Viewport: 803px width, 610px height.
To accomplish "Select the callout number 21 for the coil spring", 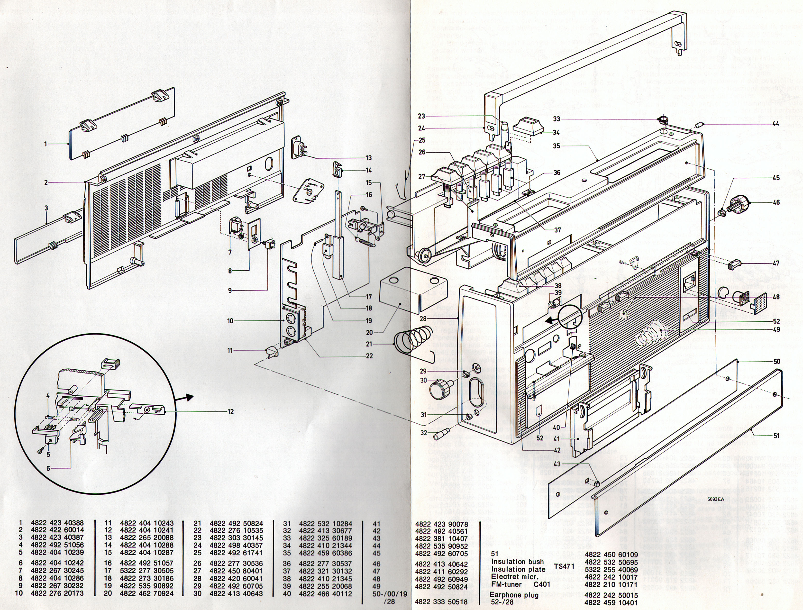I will [x=369, y=344].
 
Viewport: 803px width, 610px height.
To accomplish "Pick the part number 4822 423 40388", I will [x=57, y=523].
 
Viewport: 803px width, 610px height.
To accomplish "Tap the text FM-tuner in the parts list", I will [x=506, y=585].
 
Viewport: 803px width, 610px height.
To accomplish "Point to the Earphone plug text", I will [x=513, y=595].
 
